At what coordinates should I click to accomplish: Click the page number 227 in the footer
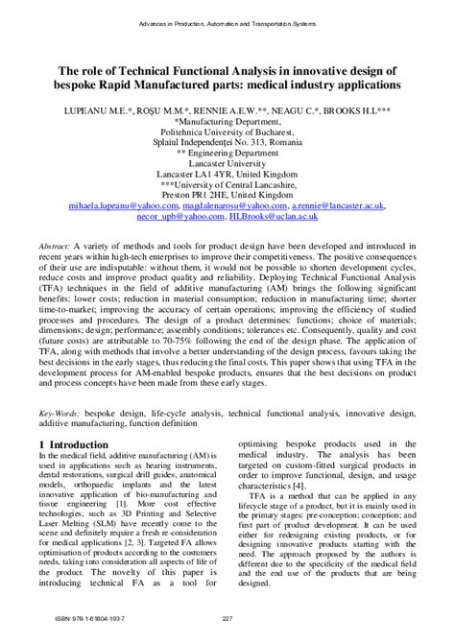click(x=227, y=616)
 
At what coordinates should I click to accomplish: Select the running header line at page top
click(x=227, y=20)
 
